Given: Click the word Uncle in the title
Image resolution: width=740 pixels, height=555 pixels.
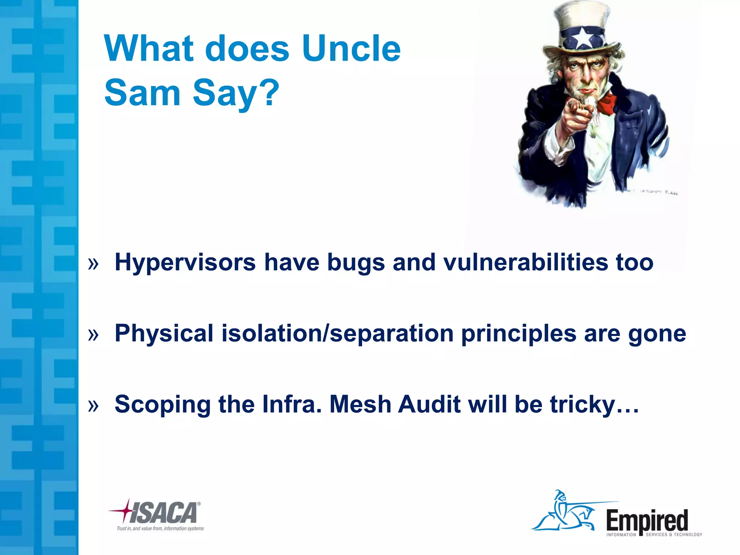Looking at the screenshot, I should click(351, 48).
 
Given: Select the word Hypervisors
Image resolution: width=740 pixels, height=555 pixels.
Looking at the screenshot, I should click(185, 262).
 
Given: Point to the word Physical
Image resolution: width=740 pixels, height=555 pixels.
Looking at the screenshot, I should click(164, 333).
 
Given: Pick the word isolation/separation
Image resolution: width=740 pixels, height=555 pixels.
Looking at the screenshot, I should click(337, 333).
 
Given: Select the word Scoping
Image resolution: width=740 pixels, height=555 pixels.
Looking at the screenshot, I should click(163, 404).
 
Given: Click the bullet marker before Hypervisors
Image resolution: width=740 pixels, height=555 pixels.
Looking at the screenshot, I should click(93, 264).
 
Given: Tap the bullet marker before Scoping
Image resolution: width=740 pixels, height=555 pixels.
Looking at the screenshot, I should click(93, 406).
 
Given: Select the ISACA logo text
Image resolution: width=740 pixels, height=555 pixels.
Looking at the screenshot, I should click(163, 512).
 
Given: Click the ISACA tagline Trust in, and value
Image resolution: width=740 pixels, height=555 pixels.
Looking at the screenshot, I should click(160, 528).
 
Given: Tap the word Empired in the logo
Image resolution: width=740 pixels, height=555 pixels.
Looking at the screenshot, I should click(647, 521).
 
